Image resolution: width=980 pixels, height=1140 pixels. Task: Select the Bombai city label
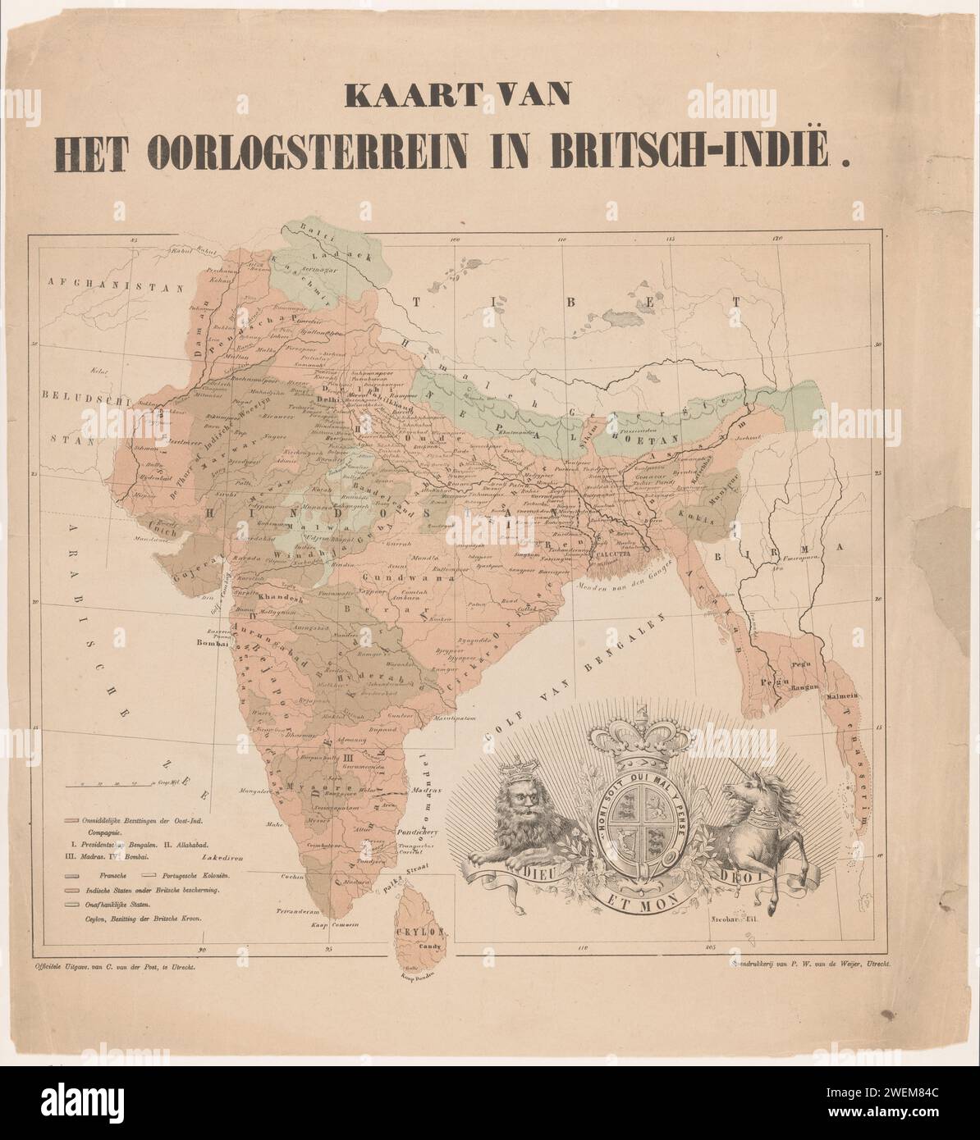pos(211,644)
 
